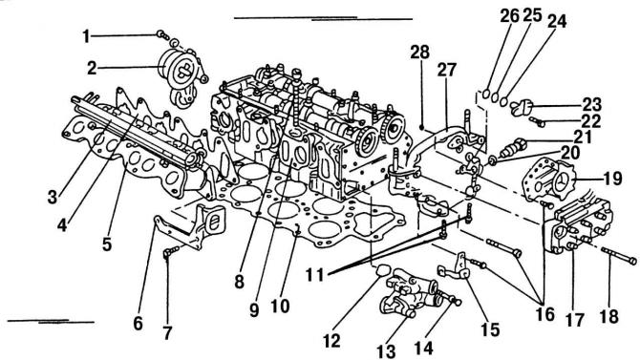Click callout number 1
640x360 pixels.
click(x=86, y=36)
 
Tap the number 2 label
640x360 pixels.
click(x=93, y=68)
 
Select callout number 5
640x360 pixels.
click(x=107, y=244)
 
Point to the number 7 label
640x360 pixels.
click(x=168, y=332)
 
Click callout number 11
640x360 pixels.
click(x=315, y=275)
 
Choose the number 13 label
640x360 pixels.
click(x=386, y=350)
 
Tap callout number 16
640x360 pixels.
click(x=545, y=314)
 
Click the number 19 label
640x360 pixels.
click(x=612, y=179)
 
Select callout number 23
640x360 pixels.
click(x=591, y=104)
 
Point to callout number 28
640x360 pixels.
click(x=420, y=53)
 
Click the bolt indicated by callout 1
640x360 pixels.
click(x=162, y=35)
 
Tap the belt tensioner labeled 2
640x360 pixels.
click(x=181, y=77)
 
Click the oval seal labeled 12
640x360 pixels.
click(x=383, y=270)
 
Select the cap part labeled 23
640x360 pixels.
click(x=522, y=107)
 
